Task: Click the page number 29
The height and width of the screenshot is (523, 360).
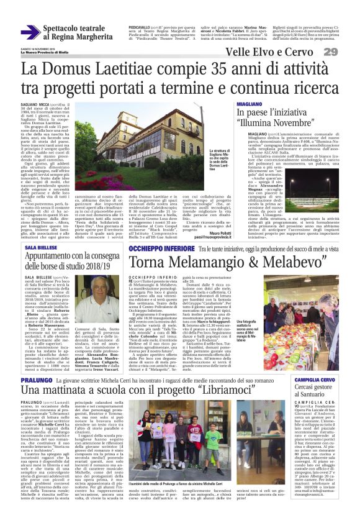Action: click(347, 52)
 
